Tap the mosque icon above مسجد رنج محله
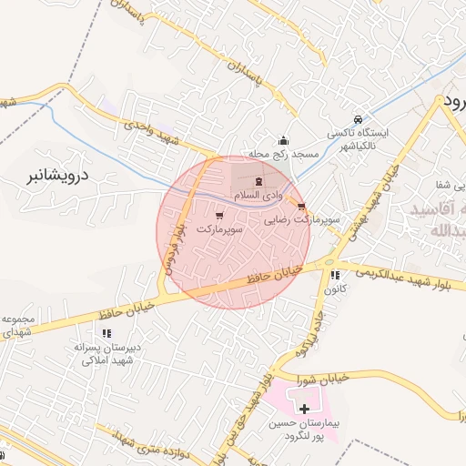(284, 140)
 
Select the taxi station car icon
(359, 119)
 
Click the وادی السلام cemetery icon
(258, 181)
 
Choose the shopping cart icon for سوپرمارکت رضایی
(301, 207)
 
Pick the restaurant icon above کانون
(335, 275)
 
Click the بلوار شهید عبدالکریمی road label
(397, 272)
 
